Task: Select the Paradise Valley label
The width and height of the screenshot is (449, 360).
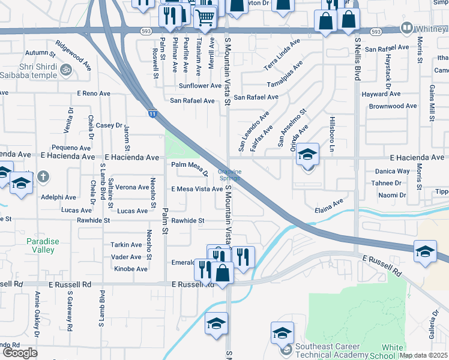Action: click(43, 245)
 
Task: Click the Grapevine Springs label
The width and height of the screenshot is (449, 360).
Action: click(229, 175)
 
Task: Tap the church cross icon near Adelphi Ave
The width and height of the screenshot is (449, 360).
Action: click(43, 176)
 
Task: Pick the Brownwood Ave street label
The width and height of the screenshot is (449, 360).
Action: click(393, 106)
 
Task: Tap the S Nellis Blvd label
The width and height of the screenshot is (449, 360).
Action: click(358, 60)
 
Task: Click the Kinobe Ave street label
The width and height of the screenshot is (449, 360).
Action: click(130, 269)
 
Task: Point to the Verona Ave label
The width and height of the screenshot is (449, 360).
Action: click(132, 187)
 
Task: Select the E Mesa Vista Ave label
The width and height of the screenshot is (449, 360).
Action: click(197, 189)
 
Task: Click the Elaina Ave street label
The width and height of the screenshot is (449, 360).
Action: click(329, 206)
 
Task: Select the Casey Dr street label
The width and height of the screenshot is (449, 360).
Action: click(109, 125)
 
